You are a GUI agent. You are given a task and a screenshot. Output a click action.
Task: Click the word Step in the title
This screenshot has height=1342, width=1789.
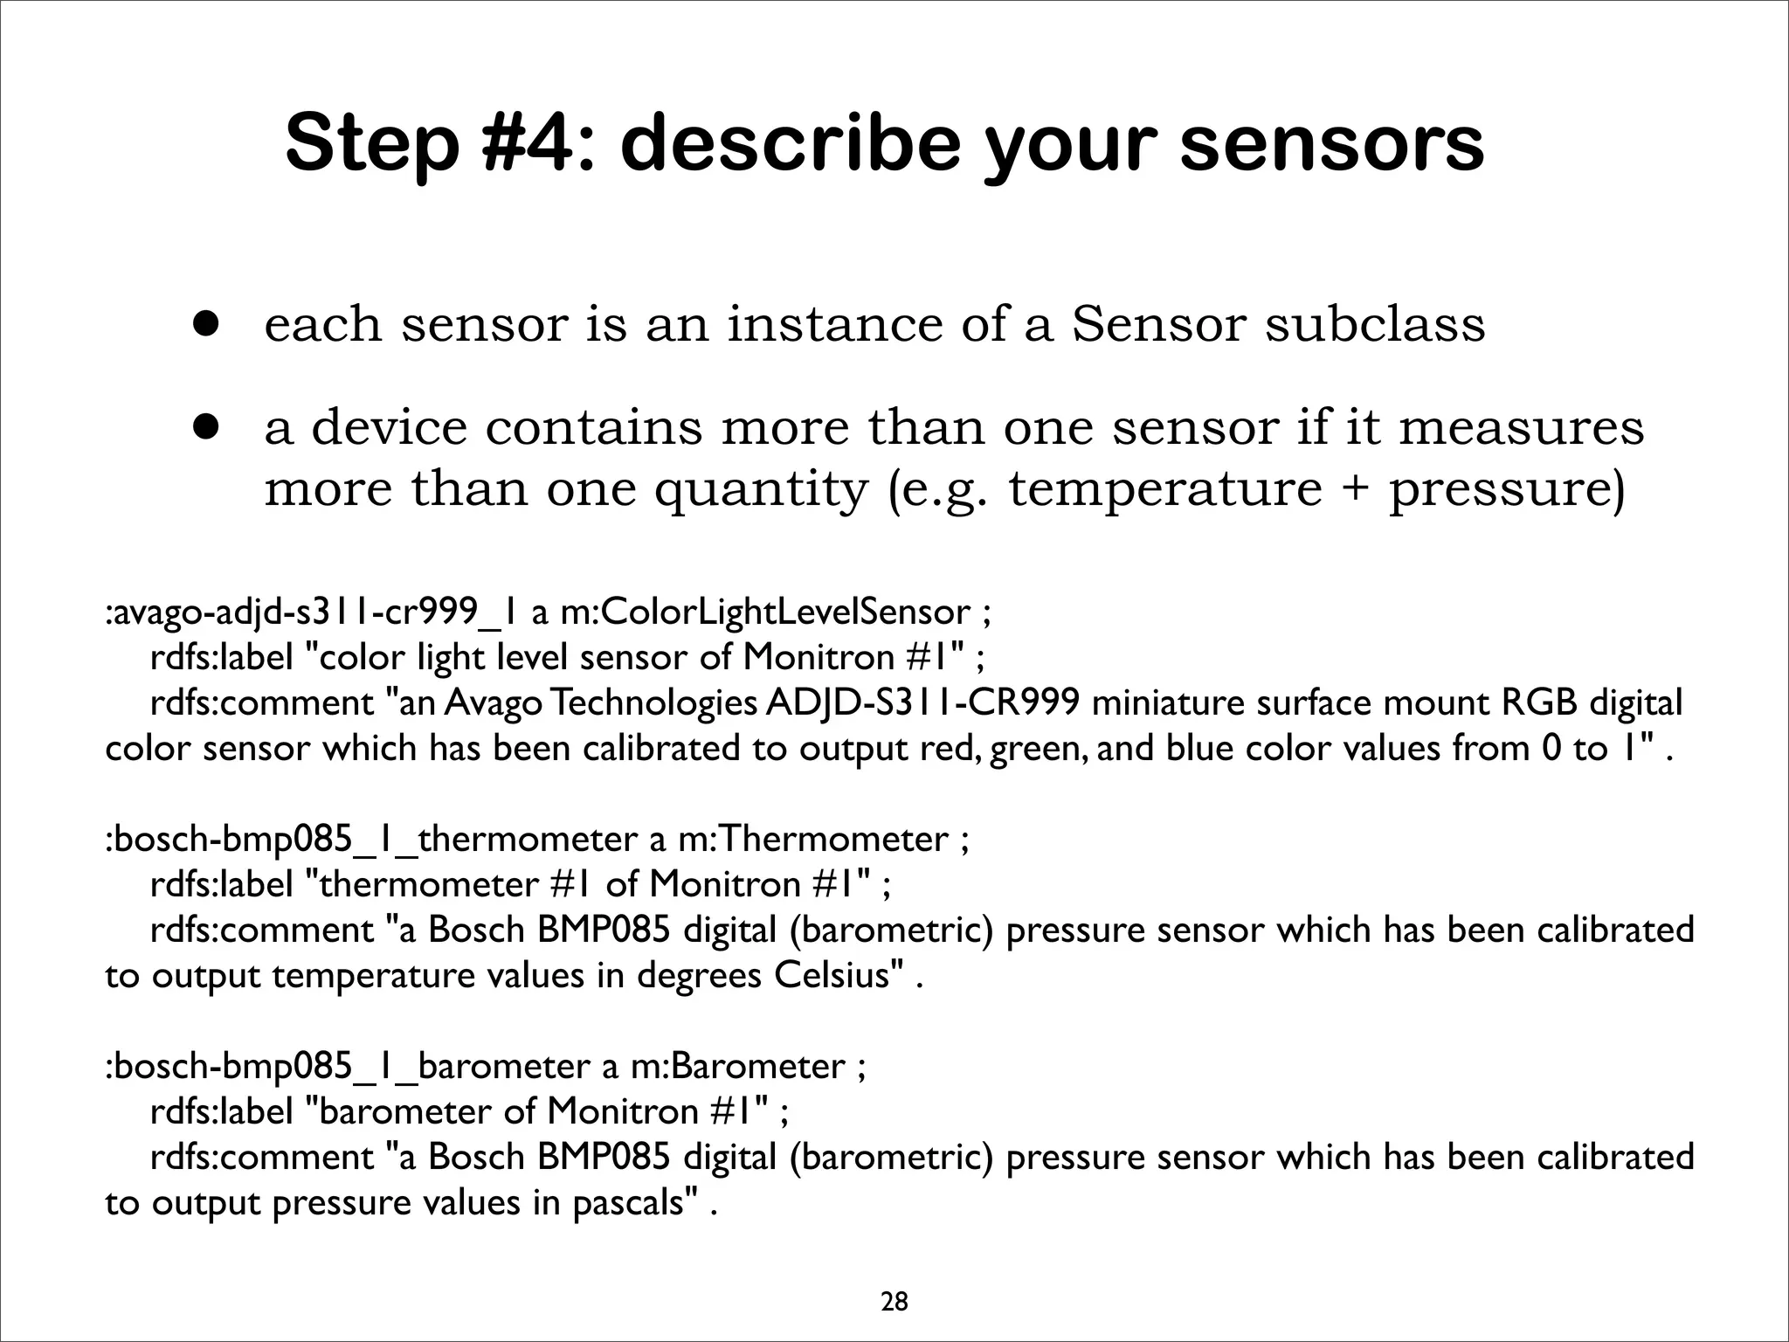pos(371,144)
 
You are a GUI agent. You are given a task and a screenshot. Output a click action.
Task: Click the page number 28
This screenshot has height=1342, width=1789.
pos(894,1278)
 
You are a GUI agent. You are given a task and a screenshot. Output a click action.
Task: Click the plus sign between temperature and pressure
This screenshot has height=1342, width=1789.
pos(1355,489)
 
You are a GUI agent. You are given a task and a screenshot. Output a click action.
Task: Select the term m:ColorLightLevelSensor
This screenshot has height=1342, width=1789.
pos(765,612)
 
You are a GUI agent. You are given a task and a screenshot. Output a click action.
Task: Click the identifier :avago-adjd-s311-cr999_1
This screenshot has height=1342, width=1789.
pos(313,612)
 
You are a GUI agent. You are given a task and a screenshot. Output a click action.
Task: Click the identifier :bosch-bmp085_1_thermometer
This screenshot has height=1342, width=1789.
pos(372,840)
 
